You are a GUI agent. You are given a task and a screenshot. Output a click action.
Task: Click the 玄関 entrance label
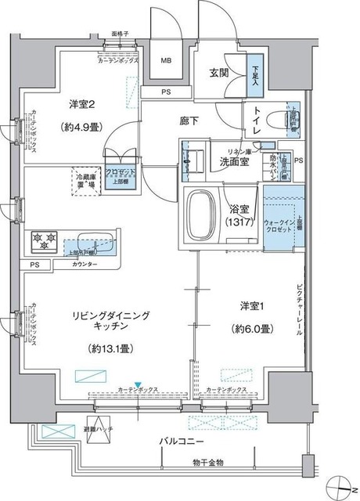pos(218,73)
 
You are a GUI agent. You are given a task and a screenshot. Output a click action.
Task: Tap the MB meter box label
pos(167,60)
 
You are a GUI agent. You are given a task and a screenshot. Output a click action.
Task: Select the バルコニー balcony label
pos(177,442)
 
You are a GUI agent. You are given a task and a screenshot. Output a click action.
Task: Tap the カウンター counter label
pos(85,265)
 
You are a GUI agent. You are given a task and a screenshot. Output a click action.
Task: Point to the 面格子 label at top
pos(119,35)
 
